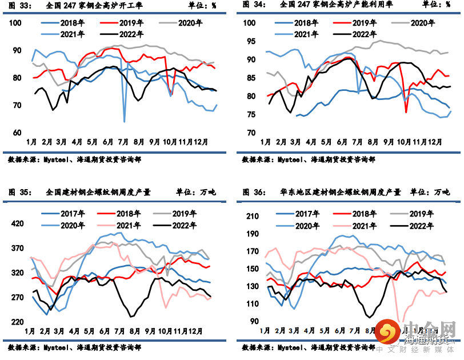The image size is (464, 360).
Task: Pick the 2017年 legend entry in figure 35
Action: (x=71, y=214)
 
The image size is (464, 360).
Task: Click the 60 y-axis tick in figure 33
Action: (x=17, y=132)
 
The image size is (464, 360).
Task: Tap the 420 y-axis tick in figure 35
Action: (x=17, y=223)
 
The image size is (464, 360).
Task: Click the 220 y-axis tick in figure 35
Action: (x=17, y=322)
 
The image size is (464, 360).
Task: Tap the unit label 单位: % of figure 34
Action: (x=436, y=5)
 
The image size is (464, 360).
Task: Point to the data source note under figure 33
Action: (x=74, y=160)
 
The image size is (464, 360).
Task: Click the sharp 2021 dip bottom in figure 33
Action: (x=124, y=121)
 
